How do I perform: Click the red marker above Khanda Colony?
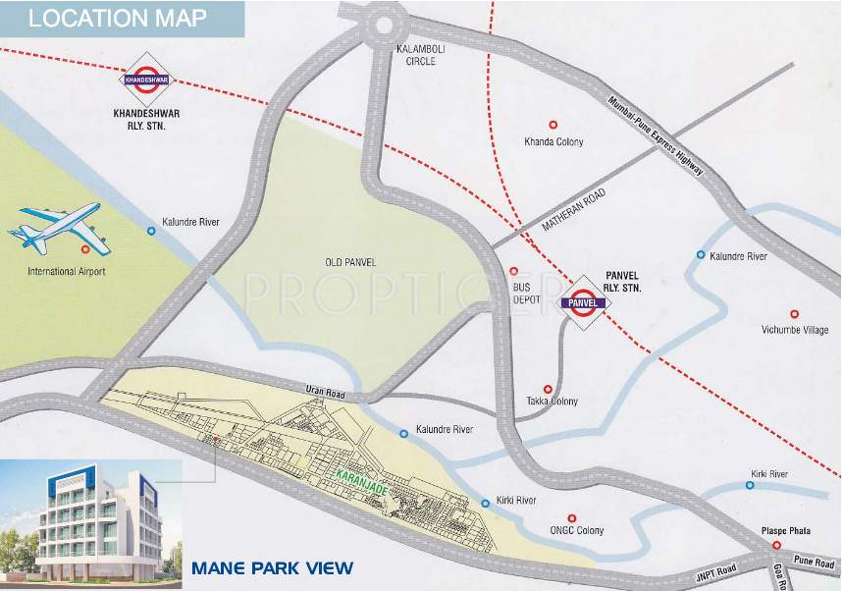point(553,125)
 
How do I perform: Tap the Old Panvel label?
point(350,262)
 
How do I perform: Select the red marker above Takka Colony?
point(549,388)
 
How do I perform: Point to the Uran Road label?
point(325,393)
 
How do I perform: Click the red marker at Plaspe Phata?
point(775,545)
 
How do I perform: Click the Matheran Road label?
point(575,210)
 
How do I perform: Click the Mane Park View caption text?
point(272,567)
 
